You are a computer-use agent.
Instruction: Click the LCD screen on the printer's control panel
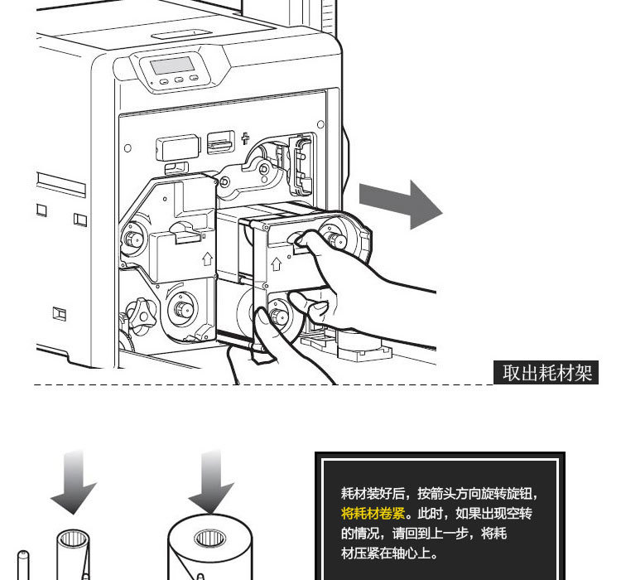coord(171,65)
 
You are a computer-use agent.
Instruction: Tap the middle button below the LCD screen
coord(179,81)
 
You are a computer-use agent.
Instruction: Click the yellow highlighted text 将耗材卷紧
coord(375,512)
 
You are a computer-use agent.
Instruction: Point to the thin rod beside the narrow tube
coord(23,563)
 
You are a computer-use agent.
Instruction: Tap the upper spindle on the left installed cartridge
coord(132,240)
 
